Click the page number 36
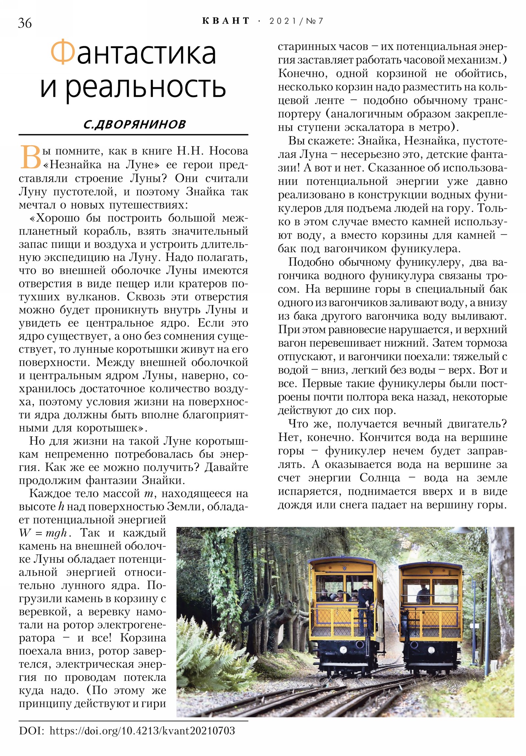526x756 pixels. coord(25,23)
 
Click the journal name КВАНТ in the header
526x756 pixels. coord(226,21)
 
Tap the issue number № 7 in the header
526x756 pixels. coord(315,21)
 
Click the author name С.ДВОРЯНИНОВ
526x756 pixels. coord(134,124)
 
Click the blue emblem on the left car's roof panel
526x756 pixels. coord(344,567)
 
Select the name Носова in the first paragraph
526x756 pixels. coord(228,151)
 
